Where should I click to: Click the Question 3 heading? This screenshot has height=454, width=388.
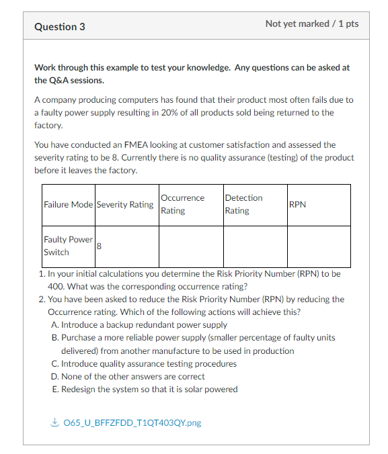[x=60, y=27]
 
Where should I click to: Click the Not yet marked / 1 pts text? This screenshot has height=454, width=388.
[x=312, y=24]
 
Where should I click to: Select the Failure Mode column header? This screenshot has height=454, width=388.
[x=68, y=204]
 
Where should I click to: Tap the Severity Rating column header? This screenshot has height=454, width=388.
[x=125, y=204]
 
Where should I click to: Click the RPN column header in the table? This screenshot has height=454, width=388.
[x=297, y=204]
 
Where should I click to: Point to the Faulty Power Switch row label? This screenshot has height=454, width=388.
[x=68, y=246]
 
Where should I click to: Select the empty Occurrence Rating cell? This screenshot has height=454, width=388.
[x=190, y=246]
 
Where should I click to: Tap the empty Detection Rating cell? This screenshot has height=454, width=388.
[x=255, y=246]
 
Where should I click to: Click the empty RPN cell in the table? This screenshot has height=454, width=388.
[x=319, y=246]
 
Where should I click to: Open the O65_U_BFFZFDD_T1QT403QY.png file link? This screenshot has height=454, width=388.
[x=132, y=422]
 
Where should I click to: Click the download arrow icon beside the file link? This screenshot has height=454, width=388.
[x=54, y=422]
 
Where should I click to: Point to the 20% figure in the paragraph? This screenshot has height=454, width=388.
[x=170, y=113]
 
